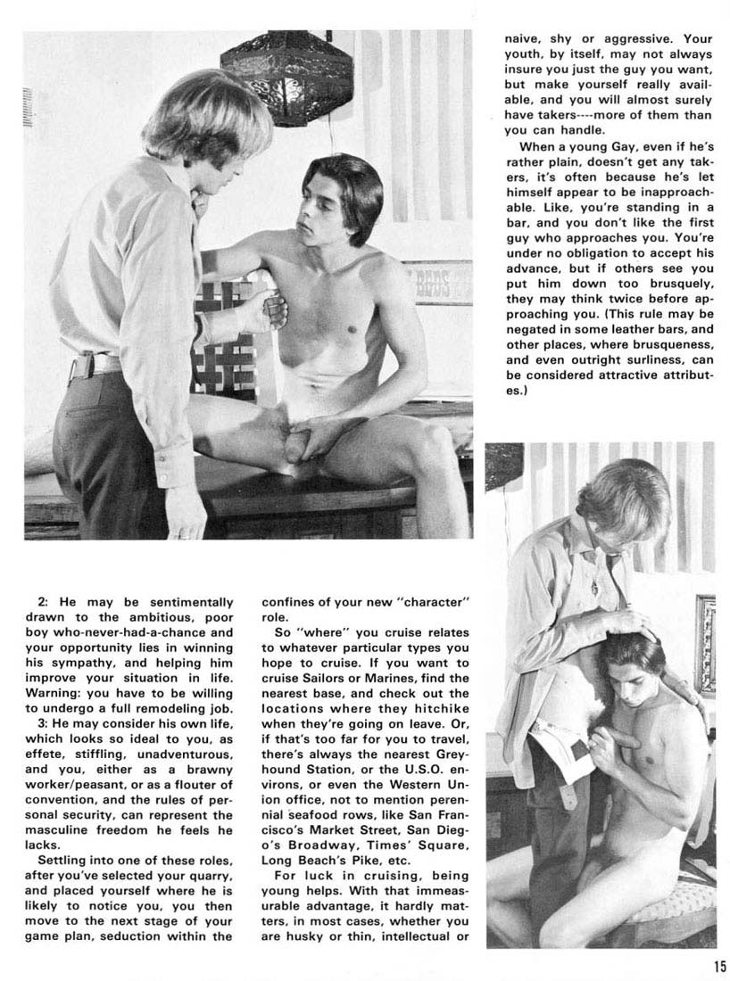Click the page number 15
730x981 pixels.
pos(719,965)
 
